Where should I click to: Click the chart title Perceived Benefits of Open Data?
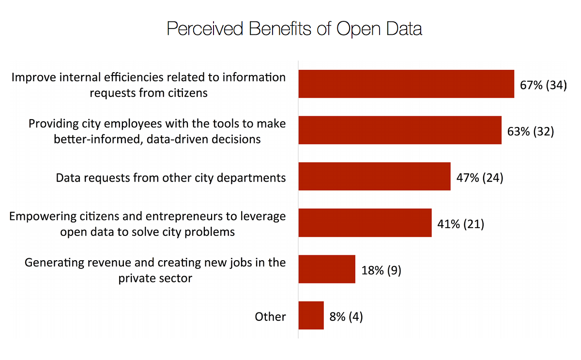(294, 29)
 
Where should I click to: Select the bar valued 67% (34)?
(406, 84)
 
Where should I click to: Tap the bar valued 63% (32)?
(399, 130)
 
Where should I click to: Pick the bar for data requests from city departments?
(374, 176)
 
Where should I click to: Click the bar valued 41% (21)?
(365, 223)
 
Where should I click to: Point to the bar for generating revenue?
(327, 269)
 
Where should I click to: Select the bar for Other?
(311, 315)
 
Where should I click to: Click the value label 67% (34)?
(543, 85)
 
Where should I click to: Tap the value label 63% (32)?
(531, 131)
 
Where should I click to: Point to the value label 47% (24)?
(480, 178)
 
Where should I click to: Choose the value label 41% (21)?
(460, 224)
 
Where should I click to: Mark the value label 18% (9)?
(381, 270)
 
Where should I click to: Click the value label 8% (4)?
(346, 317)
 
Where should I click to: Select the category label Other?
(270, 317)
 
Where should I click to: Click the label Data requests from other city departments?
(171, 178)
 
